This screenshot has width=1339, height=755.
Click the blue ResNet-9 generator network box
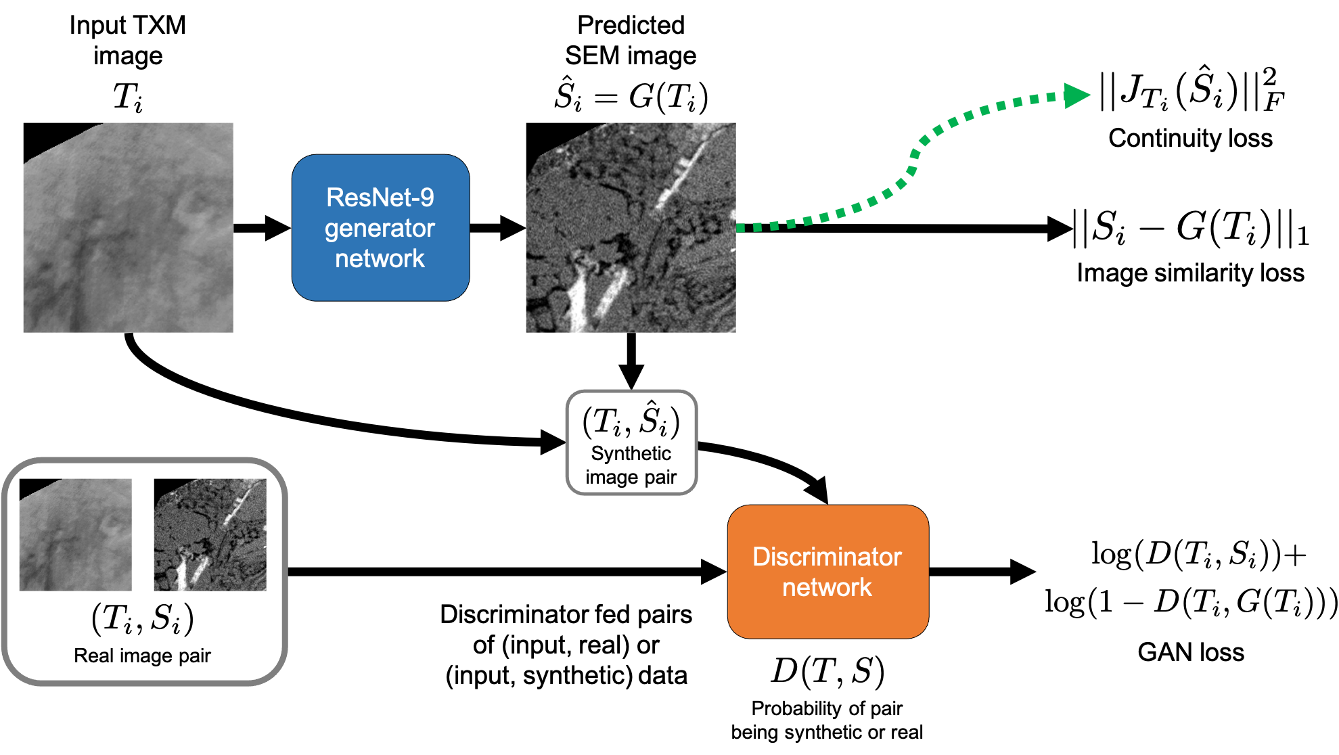coord(380,227)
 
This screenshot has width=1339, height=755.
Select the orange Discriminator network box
coord(827,572)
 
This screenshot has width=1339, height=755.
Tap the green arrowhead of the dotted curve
coord(1076,95)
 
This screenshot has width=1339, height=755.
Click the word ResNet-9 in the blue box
coord(380,198)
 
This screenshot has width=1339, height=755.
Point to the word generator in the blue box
coord(380,229)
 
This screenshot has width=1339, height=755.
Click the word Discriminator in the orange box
coord(827,557)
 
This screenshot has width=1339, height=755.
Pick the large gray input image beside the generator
coord(129,227)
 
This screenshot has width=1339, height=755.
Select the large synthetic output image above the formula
coord(631,227)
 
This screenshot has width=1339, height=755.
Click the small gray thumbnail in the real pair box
coord(76,534)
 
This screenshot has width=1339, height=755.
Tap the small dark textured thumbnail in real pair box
coord(210,534)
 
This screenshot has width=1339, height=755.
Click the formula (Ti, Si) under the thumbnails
coord(143,618)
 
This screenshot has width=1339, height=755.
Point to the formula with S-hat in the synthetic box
coord(631,421)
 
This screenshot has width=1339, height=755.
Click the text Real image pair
coord(143,656)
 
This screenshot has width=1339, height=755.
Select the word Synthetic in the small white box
coord(631,453)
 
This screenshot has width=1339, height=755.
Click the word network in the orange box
coord(827,587)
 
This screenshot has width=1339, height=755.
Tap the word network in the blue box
coord(380,258)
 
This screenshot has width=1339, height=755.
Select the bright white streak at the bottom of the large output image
coord(578,301)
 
